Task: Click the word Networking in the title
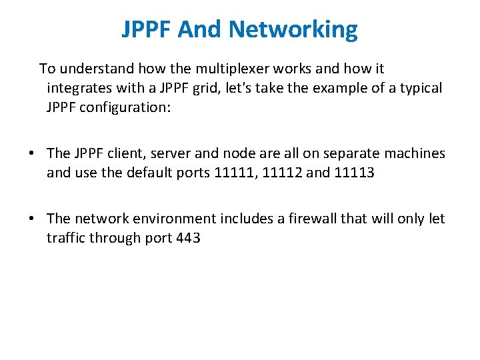coord(293,29)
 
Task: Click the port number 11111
coord(236,173)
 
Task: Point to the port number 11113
coord(355,173)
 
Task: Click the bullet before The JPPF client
coord(32,153)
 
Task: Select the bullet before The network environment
coord(32,219)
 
